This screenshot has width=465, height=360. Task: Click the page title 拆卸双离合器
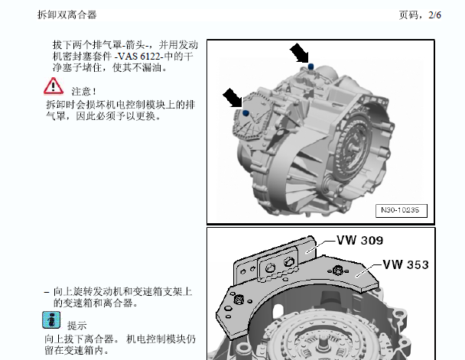67,15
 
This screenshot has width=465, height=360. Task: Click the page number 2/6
434,15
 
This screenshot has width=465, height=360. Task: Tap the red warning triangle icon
54,86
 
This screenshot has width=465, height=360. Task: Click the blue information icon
51,320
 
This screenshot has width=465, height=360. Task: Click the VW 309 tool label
359,240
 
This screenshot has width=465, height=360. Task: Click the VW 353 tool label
405,264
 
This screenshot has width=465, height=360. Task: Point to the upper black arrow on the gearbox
299,54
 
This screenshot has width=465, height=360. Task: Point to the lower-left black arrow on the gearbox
232,98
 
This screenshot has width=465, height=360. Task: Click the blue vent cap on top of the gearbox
311,66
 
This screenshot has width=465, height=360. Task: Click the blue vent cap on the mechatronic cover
246,113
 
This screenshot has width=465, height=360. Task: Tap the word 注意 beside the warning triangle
81,91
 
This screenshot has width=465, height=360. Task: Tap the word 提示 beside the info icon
76,326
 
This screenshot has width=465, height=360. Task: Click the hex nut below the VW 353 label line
337,271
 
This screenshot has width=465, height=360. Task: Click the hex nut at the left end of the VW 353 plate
238,300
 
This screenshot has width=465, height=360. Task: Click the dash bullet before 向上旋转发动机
47,292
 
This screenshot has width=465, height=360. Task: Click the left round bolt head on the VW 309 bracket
269,268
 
